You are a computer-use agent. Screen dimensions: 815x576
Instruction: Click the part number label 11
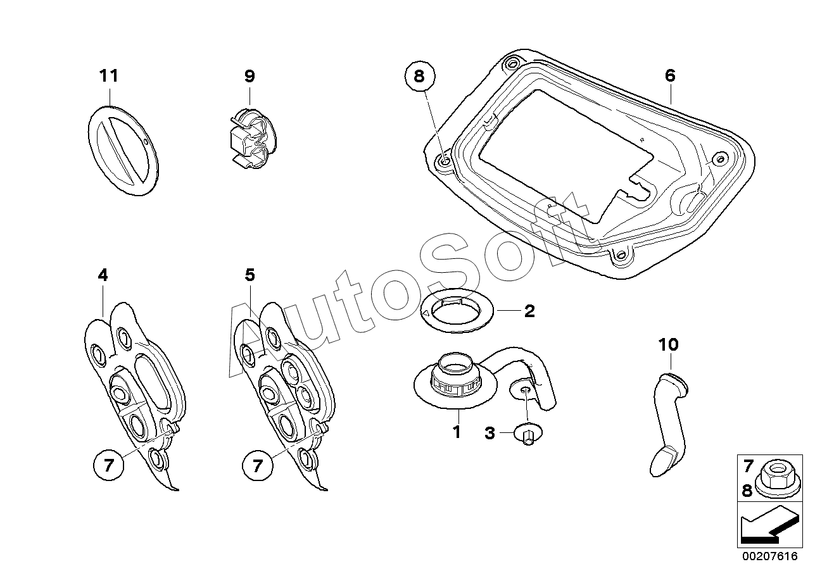[x=109, y=75]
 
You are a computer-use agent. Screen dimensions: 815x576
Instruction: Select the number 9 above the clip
[x=250, y=76]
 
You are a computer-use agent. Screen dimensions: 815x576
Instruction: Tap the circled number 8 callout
[x=419, y=77]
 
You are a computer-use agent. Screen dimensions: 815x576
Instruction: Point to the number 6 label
[x=670, y=75]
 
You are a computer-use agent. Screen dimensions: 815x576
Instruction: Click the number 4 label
[x=103, y=275]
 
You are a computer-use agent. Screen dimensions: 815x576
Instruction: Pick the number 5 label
[x=250, y=275]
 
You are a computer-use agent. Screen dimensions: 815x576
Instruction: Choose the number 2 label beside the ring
[x=529, y=311]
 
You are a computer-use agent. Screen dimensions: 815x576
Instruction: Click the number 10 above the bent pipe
[x=668, y=344]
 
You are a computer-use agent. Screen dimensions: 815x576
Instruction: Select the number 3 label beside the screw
[x=490, y=433]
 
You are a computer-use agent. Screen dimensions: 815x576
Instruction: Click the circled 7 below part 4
[x=109, y=465]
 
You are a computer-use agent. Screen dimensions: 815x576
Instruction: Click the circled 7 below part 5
[x=258, y=465]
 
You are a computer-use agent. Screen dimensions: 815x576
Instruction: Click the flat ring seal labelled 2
[x=457, y=311]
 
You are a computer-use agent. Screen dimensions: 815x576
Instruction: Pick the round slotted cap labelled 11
[x=123, y=151]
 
